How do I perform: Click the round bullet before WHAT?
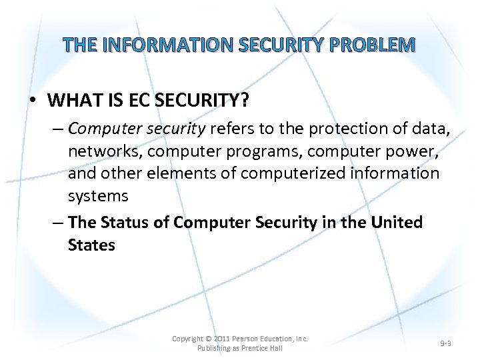(x=33, y=101)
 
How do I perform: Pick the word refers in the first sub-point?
(x=231, y=128)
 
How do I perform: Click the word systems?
(x=97, y=196)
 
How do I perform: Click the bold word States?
(x=91, y=245)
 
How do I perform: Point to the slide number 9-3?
(x=447, y=343)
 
